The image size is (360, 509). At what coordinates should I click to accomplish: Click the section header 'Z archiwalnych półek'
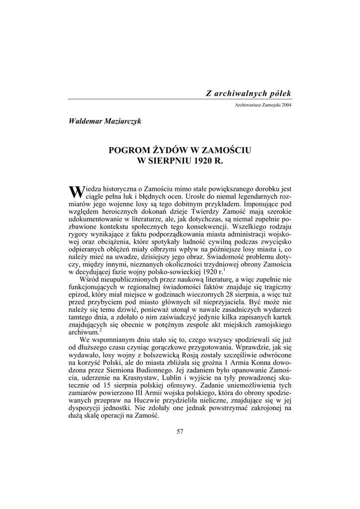click(x=249, y=93)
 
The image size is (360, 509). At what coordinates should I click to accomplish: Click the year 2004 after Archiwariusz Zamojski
click(x=285, y=105)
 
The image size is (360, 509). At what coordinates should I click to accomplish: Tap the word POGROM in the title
click(x=128, y=150)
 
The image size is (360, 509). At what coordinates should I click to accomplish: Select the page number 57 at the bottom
click(x=180, y=431)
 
